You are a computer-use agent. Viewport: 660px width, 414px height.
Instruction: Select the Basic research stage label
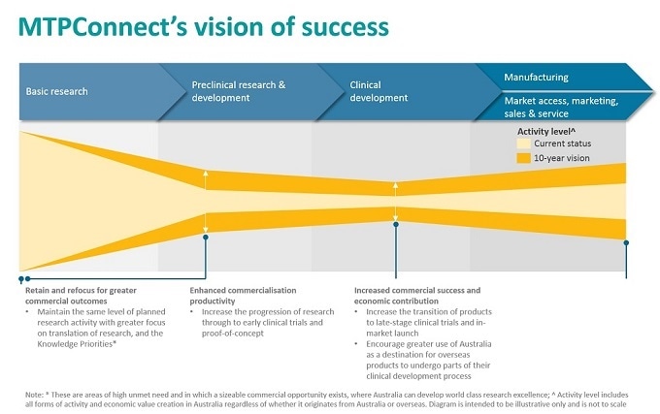click(x=56, y=91)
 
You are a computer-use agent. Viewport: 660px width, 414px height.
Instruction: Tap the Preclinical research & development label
click(x=239, y=91)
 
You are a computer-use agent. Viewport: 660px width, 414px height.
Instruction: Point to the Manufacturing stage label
click(x=536, y=77)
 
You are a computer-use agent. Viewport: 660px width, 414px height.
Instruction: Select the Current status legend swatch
click(x=524, y=143)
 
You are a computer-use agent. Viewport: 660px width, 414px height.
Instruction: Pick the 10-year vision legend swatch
click(x=524, y=156)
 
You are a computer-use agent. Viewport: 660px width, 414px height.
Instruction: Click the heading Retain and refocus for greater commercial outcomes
click(x=82, y=295)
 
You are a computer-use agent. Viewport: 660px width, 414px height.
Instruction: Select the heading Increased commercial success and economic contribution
click(x=417, y=295)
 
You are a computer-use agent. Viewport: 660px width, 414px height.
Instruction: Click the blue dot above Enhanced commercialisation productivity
click(x=206, y=233)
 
